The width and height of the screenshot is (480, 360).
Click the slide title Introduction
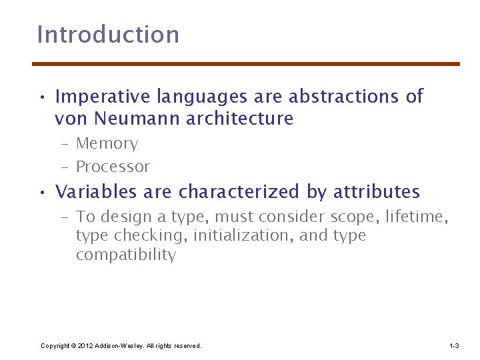pyautogui.click(x=108, y=35)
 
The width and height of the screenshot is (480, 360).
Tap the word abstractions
pyautogui.click(x=343, y=97)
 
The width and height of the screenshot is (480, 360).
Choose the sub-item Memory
pyautogui.click(x=107, y=144)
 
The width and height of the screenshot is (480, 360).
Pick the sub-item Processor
pyautogui.click(x=113, y=167)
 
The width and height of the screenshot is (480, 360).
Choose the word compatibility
pyautogui.click(x=125, y=255)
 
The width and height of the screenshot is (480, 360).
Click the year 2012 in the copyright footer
pyautogui.click(x=85, y=345)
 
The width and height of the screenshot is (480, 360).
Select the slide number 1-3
pyautogui.click(x=454, y=345)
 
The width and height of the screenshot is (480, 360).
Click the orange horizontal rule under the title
pyautogui.click(x=246, y=64)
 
